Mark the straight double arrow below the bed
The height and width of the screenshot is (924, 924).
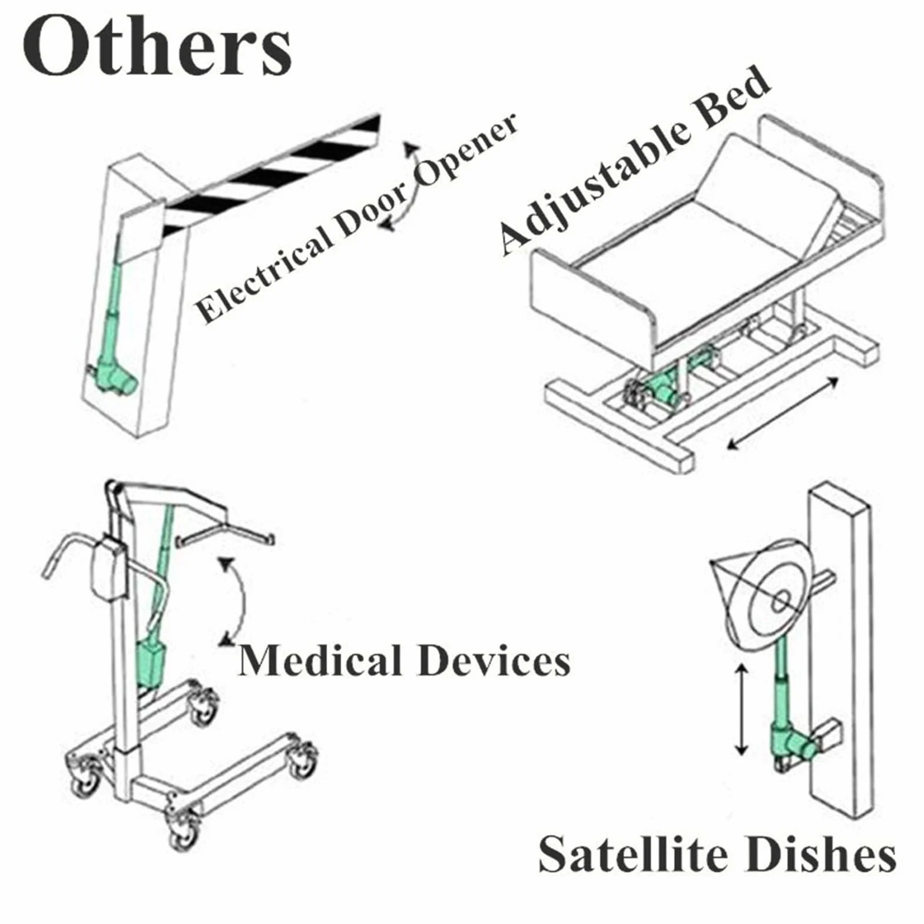(783, 413)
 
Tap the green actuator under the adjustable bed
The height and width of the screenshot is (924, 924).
(671, 383)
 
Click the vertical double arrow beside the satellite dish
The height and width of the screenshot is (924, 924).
(742, 709)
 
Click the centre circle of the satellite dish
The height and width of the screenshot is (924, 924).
(780, 601)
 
